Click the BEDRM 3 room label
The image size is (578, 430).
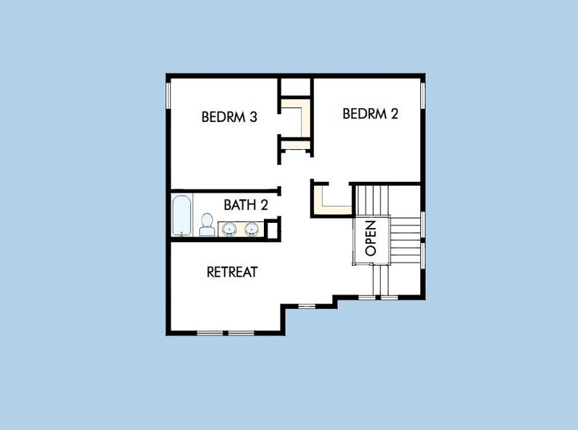coord(229,117)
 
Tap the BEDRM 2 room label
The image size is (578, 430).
coord(370,113)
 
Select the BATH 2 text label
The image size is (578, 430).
coord(245,205)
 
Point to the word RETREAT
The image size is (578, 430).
coord(232,272)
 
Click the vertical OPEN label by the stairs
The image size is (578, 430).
coord(370,239)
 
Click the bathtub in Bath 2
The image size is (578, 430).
coord(181,215)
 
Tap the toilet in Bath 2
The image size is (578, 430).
coord(207,225)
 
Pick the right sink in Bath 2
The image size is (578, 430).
coord(251,229)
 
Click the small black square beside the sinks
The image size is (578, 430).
coord(273,230)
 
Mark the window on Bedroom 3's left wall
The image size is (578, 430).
coord(169,97)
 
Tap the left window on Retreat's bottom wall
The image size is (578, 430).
coord(209,333)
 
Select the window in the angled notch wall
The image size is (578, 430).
coord(307,306)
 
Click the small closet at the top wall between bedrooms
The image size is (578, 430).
coord(295,86)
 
